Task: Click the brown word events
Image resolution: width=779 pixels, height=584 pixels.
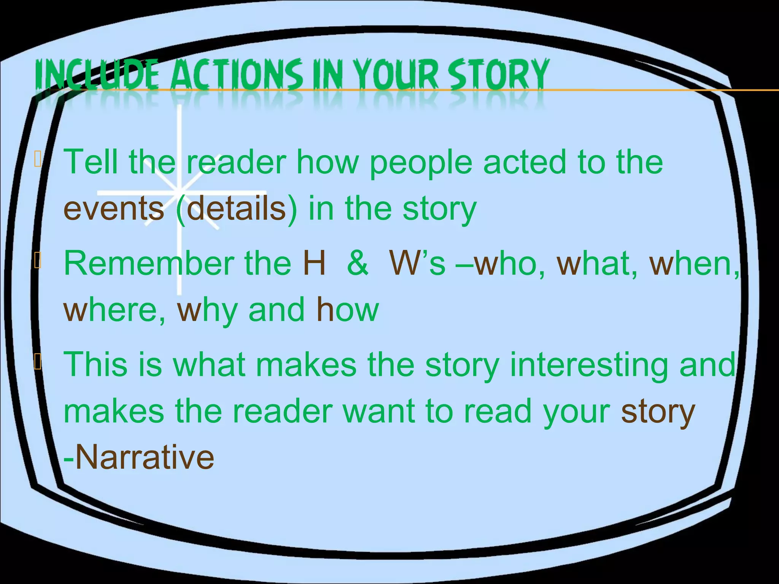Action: click(x=114, y=209)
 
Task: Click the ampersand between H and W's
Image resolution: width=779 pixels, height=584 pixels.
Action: click(x=358, y=263)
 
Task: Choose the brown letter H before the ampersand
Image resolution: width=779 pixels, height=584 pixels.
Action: click(x=314, y=263)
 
